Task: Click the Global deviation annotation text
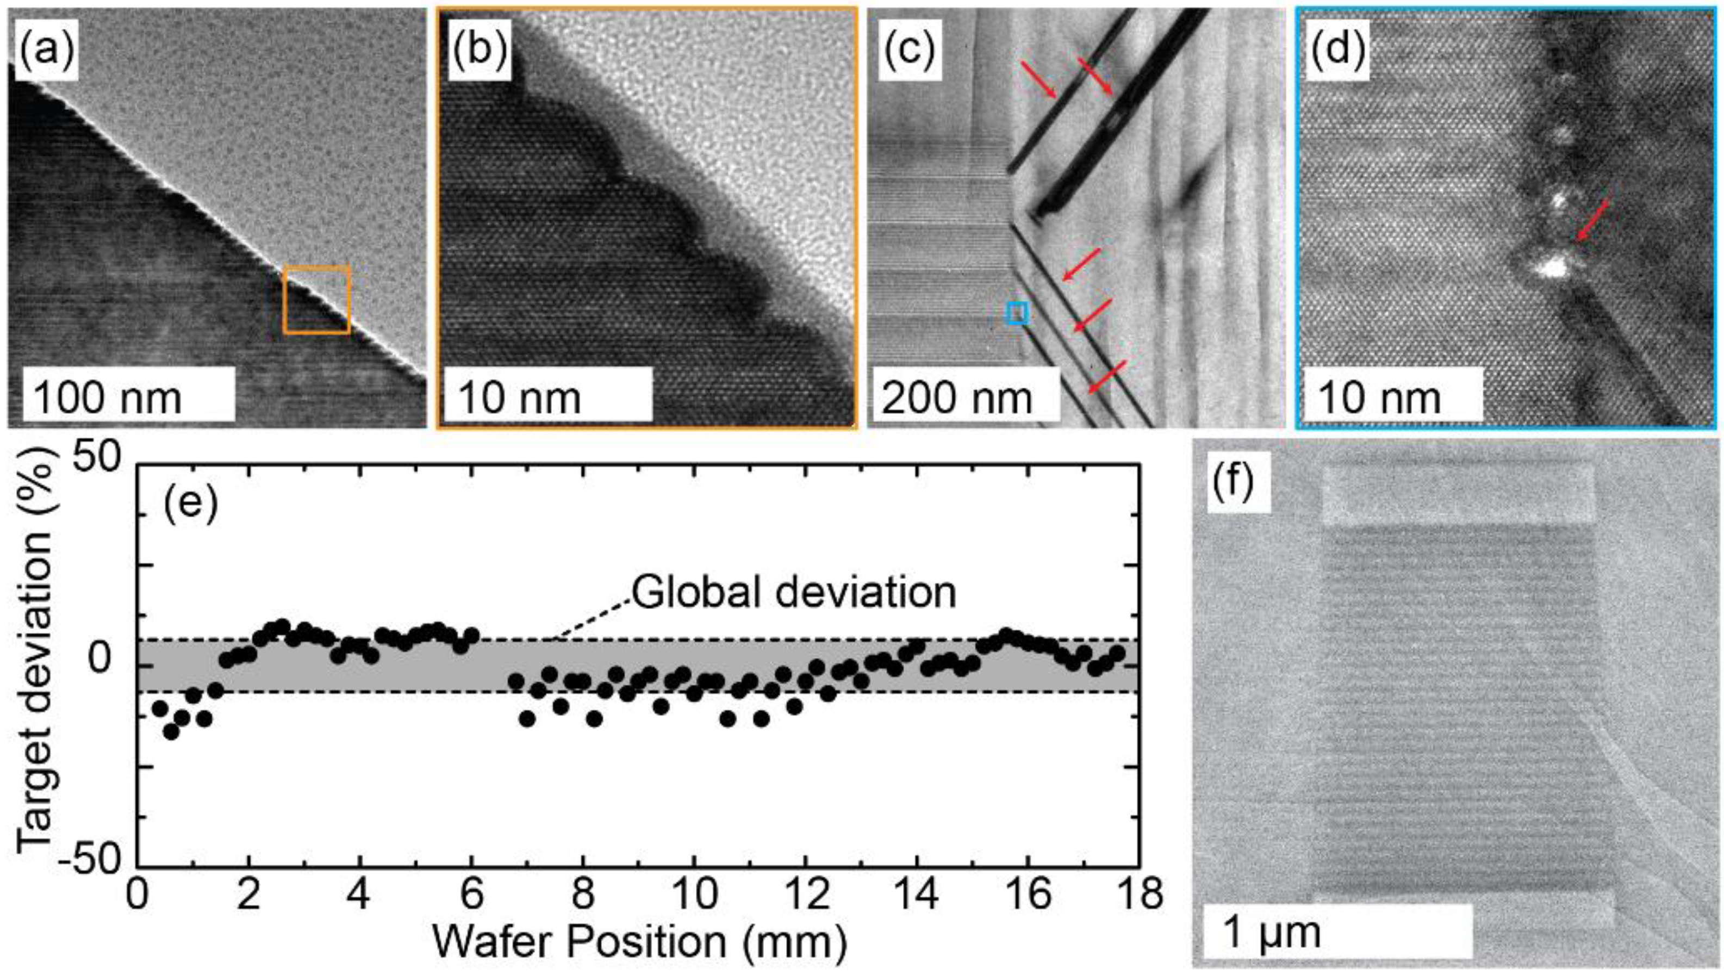tap(794, 593)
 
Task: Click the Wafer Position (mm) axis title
tap(639, 942)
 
